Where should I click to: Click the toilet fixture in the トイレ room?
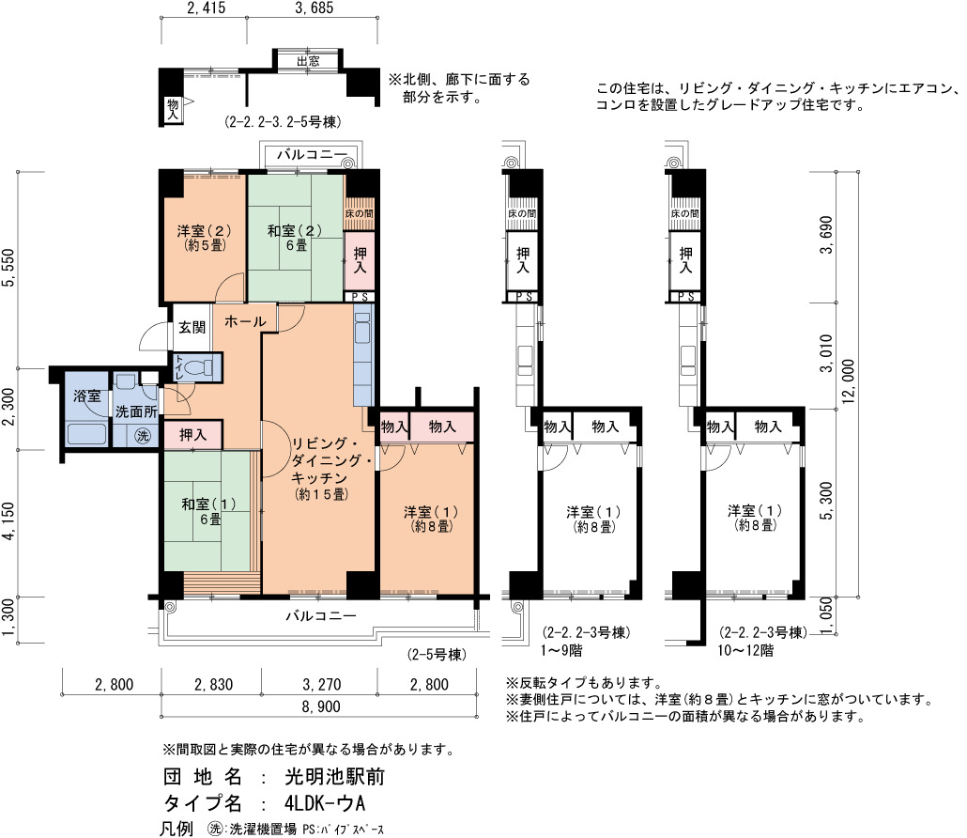click(199, 368)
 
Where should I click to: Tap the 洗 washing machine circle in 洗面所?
click(143, 436)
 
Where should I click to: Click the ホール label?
click(245, 321)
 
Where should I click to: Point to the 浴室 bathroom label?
click(86, 396)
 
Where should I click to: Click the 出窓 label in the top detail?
click(308, 61)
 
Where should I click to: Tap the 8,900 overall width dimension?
click(321, 706)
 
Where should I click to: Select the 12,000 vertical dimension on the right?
click(849, 381)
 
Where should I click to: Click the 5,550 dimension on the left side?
click(8, 268)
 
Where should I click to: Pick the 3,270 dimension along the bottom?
click(322, 684)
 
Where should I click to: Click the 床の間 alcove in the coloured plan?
click(359, 213)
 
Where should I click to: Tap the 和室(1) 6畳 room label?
click(209, 512)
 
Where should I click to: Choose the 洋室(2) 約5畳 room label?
click(204, 238)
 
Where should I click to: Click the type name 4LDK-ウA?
click(325, 803)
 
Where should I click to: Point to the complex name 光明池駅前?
click(334, 776)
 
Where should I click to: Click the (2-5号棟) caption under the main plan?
click(436, 654)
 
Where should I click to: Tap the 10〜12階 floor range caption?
click(745, 650)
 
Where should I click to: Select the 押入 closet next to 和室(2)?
click(359, 260)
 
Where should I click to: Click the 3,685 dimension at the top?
click(314, 8)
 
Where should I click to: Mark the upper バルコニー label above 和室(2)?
click(312, 154)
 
